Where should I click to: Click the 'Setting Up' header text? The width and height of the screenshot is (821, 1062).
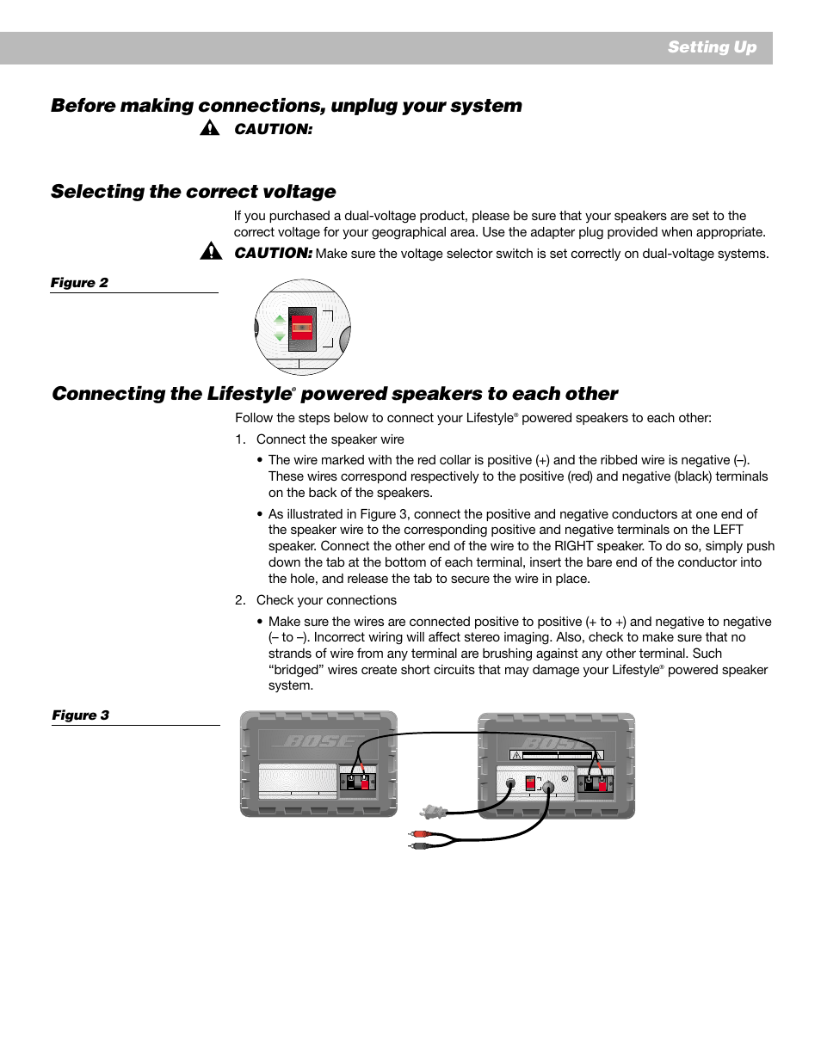712,47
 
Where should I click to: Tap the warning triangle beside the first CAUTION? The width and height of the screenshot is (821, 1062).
209,129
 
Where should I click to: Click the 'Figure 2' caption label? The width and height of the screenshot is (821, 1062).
79,283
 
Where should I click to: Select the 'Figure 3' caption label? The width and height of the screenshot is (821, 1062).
80,715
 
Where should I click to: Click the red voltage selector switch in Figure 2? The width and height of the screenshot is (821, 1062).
302,327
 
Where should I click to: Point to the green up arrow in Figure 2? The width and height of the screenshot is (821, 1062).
280,319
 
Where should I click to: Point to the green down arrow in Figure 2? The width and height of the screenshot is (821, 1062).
280,336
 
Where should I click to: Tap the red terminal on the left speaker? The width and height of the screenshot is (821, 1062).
364,783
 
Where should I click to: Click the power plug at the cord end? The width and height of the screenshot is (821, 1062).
432,811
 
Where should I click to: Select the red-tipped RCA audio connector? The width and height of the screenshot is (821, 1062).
420,834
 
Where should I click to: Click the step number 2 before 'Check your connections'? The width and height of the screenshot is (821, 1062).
240,600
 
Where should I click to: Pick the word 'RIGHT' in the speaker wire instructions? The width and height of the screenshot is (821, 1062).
573,546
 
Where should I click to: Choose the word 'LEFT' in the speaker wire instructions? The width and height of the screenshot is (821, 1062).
722,530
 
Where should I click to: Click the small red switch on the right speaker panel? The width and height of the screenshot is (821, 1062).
530,783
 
